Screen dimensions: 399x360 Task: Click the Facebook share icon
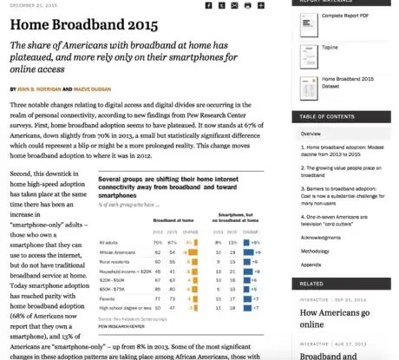click(208, 5)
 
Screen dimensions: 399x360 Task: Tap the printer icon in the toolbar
click(248, 5)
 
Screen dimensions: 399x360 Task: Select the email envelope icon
click(235, 5)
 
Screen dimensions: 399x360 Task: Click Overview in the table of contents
click(311, 134)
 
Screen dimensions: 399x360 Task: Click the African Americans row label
click(118, 251)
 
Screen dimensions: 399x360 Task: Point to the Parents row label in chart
click(108, 298)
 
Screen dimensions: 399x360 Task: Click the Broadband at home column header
click(170, 223)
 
